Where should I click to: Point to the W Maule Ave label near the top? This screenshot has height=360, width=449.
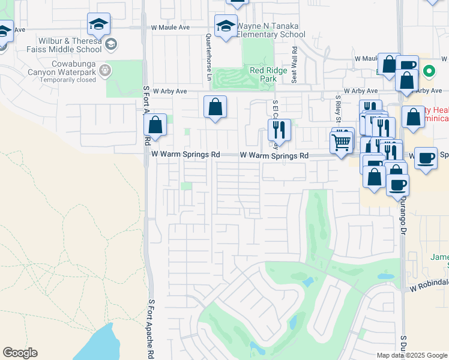pyautogui.click(x=170, y=28)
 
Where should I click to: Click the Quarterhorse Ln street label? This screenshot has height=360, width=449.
pyautogui.click(x=209, y=57)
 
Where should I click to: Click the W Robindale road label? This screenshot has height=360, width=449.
pyautogui.click(x=429, y=289)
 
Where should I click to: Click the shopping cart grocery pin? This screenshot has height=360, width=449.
pyautogui.click(x=342, y=142)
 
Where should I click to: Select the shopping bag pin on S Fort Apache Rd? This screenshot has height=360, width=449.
pyautogui.click(x=155, y=125)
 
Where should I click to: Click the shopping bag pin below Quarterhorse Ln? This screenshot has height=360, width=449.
pyautogui.click(x=215, y=107)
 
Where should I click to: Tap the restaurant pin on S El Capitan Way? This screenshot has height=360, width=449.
pyautogui.click(x=279, y=129)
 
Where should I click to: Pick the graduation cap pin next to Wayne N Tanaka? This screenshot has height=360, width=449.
pyautogui.click(x=226, y=26)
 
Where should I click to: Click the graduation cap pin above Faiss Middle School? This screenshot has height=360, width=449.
pyautogui.click(x=98, y=24)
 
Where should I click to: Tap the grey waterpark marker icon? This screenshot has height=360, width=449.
pyautogui.click(x=106, y=70)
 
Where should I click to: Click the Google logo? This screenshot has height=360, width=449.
pyautogui.click(x=20, y=353)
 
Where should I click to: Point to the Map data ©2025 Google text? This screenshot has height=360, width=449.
pyautogui.click(x=412, y=355)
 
